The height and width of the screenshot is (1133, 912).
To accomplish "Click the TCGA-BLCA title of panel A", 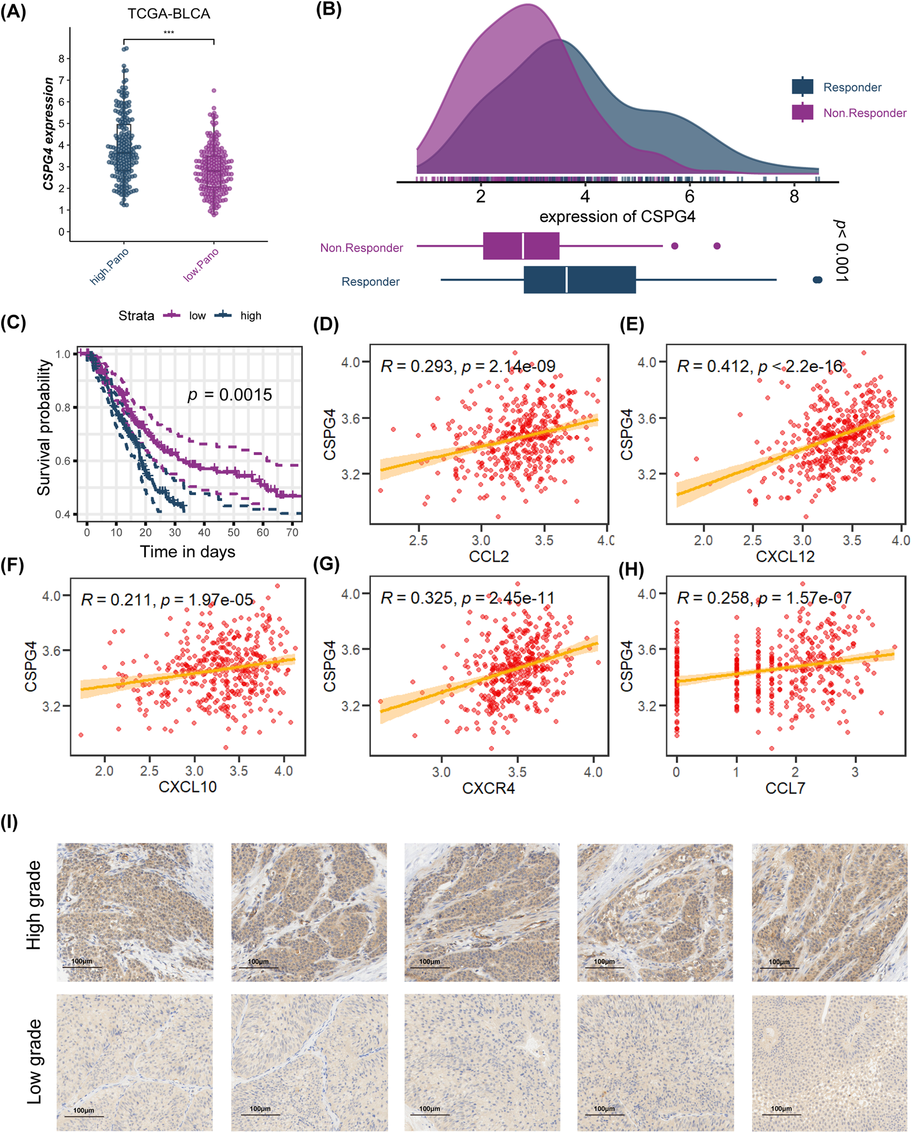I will pyautogui.click(x=169, y=14).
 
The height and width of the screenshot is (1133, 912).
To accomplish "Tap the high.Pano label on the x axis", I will pyautogui.click(x=109, y=266).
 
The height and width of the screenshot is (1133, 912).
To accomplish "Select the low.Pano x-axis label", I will pyautogui.click(x=201, y=264).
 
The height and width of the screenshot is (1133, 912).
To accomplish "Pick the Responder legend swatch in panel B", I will pyautogui.click(x=802, y=87).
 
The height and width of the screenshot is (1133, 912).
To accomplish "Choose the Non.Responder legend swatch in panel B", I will pyautogui.click(x=802, y=112).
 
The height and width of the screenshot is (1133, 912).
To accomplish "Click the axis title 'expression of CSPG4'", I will pyautogui.click(x=617, y=216).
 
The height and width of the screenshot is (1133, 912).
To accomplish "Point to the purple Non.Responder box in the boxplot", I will pyautogui.click(x=521, y=246).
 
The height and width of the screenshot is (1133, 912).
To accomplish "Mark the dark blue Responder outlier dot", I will pyautogui.click(x=817, y=280).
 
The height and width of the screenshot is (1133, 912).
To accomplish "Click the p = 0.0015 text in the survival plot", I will pyautogui.click(x=230, y=395).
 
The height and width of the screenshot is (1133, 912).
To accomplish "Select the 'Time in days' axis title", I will pyautogui.click(x=187, y=552).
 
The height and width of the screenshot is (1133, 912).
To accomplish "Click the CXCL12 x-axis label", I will pyautogui.click(x=785, y=556).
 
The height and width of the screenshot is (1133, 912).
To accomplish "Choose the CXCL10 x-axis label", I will pyautogui.click(x=188, y=787).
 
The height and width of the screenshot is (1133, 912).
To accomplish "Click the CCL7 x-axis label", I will pyautogui.click(x=785, y=788).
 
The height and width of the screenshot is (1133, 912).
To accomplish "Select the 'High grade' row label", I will pyautogui.click(x=34, y=905).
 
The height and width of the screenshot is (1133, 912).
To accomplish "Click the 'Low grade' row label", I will pyautogui.click(x=34, y=1061).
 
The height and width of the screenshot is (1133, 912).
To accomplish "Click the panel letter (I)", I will pyautogui.click(x=9, y=823).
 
